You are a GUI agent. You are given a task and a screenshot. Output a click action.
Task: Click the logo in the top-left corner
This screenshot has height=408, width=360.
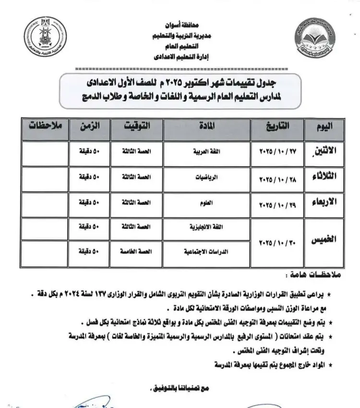[44, 39]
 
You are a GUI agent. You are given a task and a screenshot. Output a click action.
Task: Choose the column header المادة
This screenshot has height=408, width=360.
[206, 127]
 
